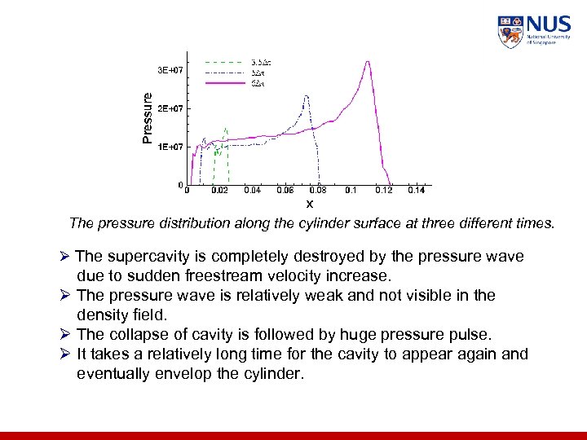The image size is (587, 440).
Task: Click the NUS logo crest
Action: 510,32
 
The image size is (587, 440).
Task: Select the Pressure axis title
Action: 147,118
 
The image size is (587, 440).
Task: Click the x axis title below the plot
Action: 309,203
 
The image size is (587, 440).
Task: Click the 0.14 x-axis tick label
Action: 415,191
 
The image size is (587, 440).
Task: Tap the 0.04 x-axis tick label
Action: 252,191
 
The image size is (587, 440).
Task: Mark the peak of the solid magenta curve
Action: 369,61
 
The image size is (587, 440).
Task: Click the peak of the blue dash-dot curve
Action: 306,96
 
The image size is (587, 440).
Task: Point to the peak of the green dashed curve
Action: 225,128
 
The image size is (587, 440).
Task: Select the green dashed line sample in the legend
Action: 223,61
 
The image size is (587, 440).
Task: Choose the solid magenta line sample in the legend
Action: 223,82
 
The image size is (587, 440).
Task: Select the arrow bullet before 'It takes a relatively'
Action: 68,354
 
